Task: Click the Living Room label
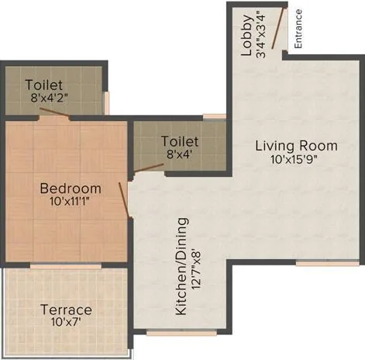click(x=297, y=145)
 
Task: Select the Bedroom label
click(x=71, y=189)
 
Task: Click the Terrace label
click(x=66, y=310)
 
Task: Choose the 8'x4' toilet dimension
click(x=179, y=154)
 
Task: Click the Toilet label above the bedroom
click(x=43, y=85)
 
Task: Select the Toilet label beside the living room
click(x=180, y=141)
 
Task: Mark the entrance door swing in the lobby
click(x=284, y=27)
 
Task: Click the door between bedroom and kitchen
click(x=123, y=198)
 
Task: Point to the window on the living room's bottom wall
click(x=317, y=264)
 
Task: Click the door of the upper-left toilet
click(x=53, y=114)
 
